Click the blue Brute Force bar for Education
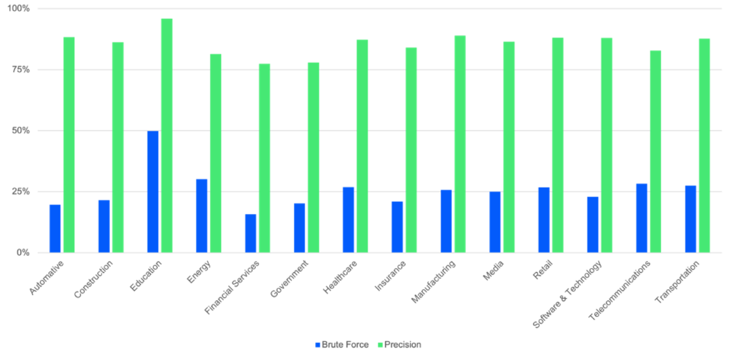pos(153,191)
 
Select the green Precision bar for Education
pos(167,135)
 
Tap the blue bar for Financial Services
pos(251,233)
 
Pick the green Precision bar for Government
pos(313,156)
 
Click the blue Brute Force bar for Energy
pos(202,215)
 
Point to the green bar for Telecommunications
pos(656,151)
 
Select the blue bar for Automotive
pos(55,228)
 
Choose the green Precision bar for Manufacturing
pos(460,144)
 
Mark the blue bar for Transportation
pos(690,218)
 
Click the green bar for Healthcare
pos(362,145)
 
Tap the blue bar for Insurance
pos(398,226)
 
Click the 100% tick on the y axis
pos(25,9)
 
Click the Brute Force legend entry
pos(342,345)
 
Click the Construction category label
pos(94,279)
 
